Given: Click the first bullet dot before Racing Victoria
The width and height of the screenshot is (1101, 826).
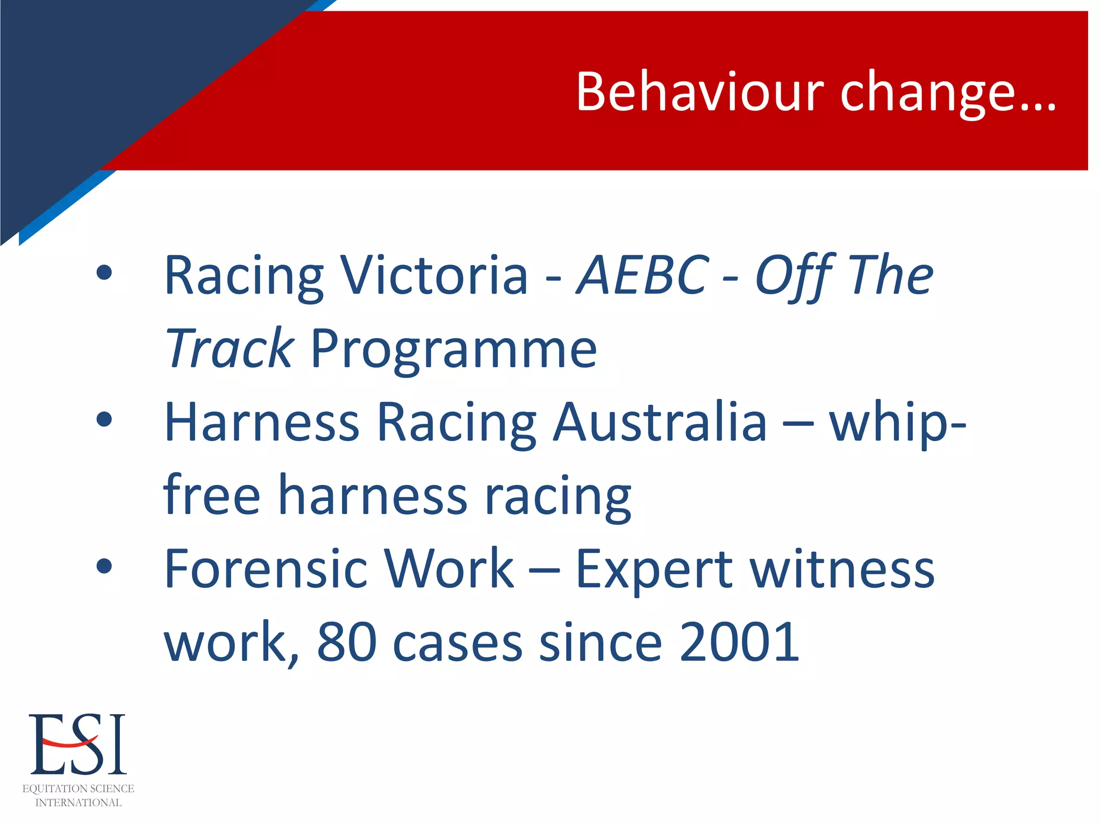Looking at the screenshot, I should click(x=104, y=273).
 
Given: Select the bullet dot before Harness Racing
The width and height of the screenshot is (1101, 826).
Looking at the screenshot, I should click(x=104, y=419).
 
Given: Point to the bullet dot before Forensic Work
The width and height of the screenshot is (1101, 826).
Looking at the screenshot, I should click(x=104, y=566).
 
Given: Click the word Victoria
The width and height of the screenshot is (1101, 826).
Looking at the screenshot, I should click(x=435, y=275).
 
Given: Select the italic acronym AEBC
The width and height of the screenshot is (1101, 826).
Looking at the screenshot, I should click(x=642, y=275).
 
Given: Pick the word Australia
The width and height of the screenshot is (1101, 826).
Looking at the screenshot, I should click(x=660, y=422).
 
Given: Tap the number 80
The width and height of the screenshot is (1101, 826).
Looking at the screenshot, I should click(x=346, y=641).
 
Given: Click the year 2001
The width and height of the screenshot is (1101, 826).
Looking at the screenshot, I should click(x=740, y=641).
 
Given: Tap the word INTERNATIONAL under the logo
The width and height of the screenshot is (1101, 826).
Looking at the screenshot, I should click(x=78, y=802).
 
